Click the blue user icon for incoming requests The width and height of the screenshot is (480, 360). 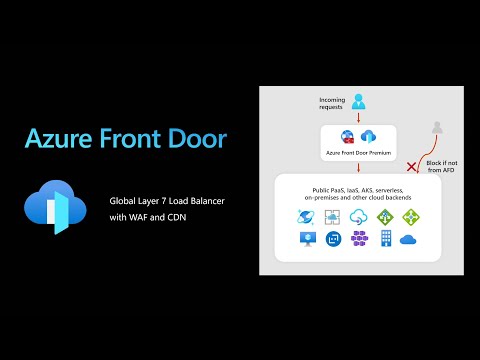coord(359,101)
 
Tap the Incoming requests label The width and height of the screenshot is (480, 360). coord(332,103)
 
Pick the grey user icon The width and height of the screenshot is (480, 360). coord(436,128)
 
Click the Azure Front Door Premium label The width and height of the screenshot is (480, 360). coord(359,154)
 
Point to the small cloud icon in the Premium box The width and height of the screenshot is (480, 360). coord(368,137)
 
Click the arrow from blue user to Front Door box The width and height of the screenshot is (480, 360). coord(359,117)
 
